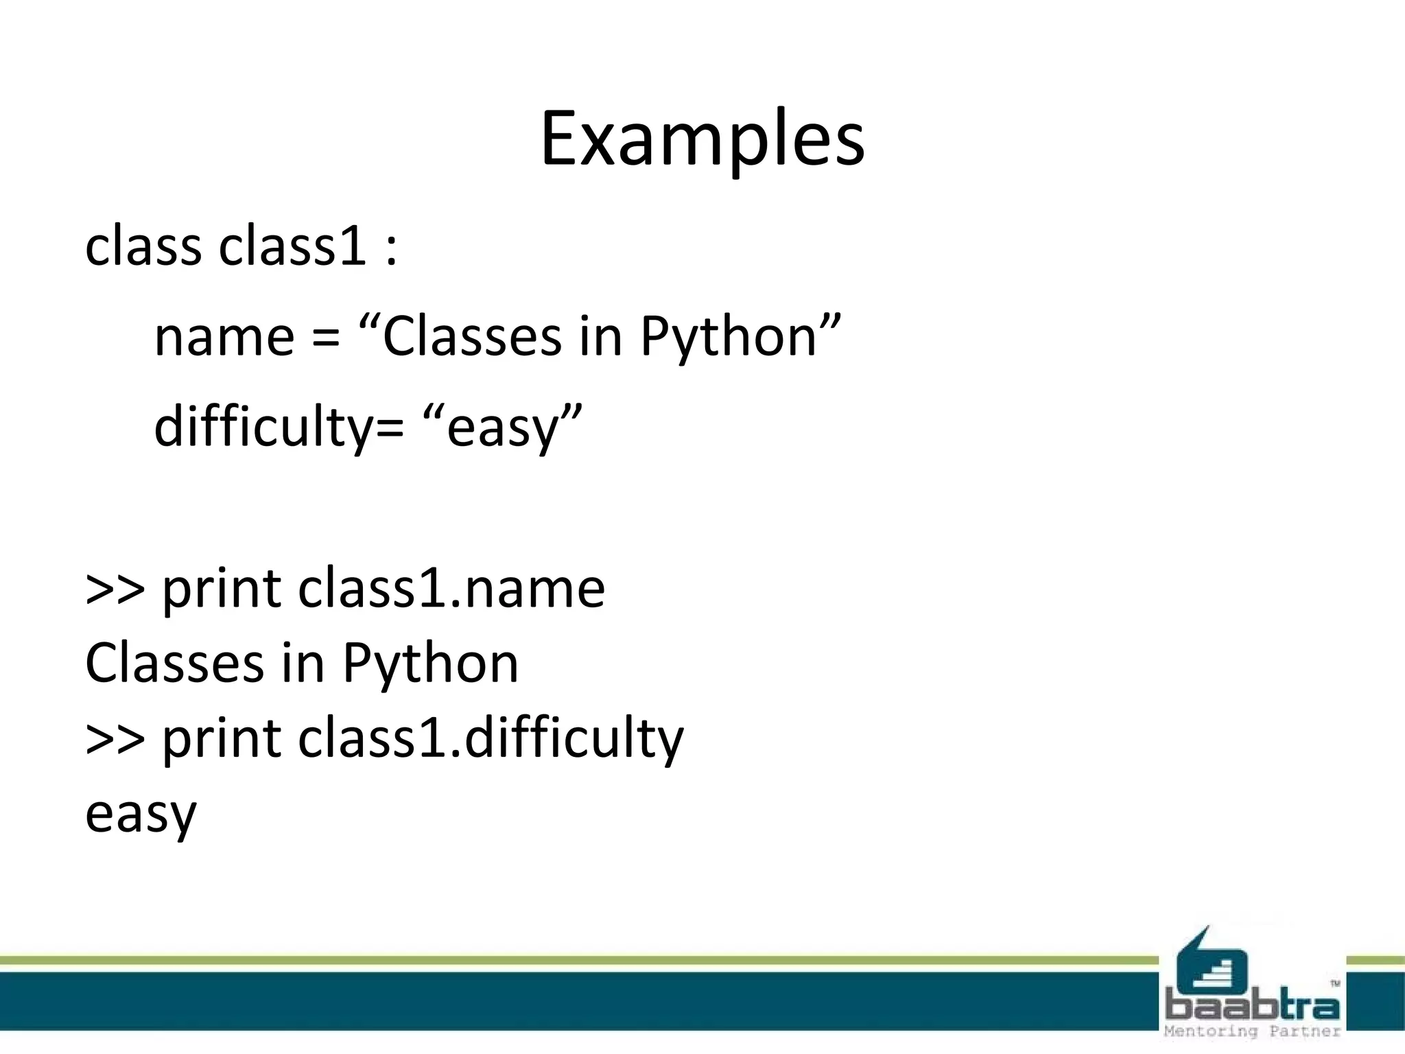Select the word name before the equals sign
[224, 338]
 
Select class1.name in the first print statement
[451, 589]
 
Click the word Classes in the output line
[174, 664]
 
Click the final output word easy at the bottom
[141, 815]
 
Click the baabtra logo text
[1252, 1007]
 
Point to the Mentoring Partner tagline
[1252, 1031]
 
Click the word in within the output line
[303, 664]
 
